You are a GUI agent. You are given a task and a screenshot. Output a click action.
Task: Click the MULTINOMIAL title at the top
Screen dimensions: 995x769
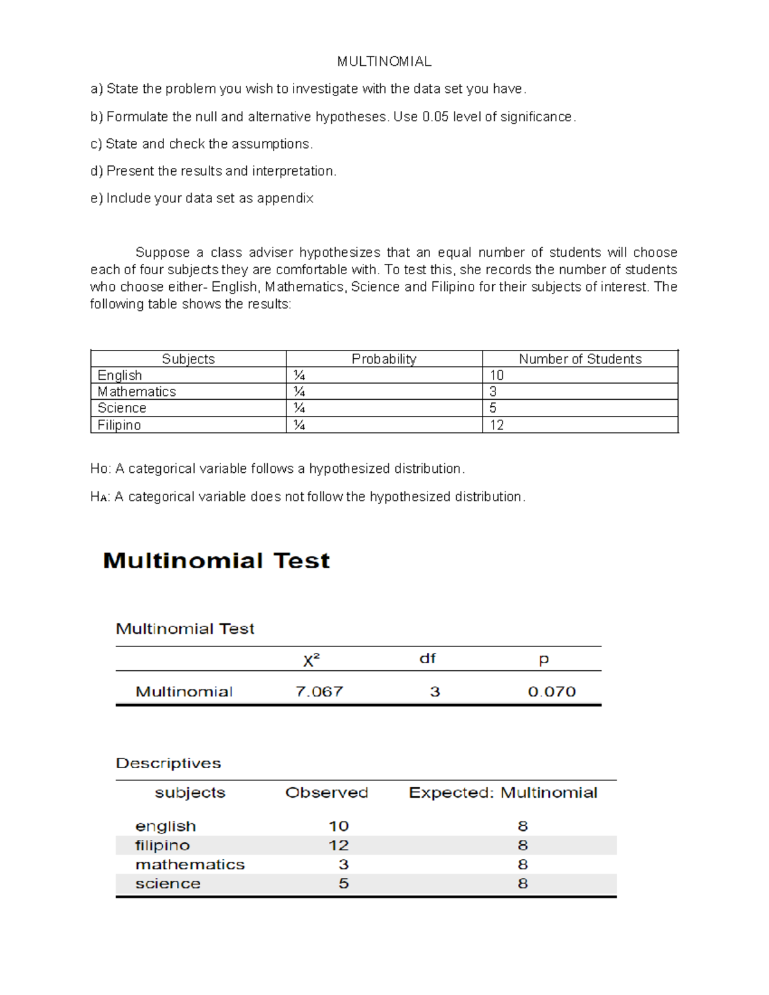pyautogui.click(x=384, y=62)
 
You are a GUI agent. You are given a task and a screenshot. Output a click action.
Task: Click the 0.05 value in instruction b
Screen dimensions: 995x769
pyautogui.click(x=435, y=117)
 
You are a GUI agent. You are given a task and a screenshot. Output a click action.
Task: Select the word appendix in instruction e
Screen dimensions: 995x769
pyautogui.click(x=285, y=199)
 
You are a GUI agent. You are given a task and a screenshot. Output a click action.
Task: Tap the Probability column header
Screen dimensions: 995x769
pyautogui.click(x=383, y=359)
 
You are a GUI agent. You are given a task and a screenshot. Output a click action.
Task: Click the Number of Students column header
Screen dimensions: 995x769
pyautogui.click(x=579, y=359)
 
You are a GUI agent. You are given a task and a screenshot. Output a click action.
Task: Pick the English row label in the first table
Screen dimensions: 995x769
pyautogui.click(x=120, y=375)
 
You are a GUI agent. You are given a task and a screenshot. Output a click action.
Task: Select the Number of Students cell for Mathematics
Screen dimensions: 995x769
pyautogui.click(x=493, y=391)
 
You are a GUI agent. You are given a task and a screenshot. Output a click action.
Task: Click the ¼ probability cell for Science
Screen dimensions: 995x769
pyautogui.click(x=299, y=408)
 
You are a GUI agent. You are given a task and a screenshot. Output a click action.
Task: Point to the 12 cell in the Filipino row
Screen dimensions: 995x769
pyautogui.click(x=497, y=425)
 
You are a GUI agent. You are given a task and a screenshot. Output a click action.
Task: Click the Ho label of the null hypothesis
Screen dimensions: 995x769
pyautogui.click(x=99, y=469)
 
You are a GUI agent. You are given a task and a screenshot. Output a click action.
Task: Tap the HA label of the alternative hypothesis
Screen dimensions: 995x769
pyautogui.click(x=99, y=497)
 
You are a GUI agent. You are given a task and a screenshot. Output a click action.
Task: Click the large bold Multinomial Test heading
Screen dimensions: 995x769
pyautogui.click(x=216, y=561)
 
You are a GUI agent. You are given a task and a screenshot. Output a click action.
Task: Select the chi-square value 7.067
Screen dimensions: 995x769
pyautogui.click(x=319, y=692)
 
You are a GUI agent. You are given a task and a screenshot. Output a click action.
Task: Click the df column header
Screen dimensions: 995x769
pyautogui.click(x=427, y=659)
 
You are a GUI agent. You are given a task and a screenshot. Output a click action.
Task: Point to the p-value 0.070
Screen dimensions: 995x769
pyautogui.click(x=551, y=692)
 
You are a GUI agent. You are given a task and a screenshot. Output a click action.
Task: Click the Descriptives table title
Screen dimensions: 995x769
pyautogui.click(x=168, y=763)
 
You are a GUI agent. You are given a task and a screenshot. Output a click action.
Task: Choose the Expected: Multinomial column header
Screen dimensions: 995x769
pyautogui.click(x=502, y=793)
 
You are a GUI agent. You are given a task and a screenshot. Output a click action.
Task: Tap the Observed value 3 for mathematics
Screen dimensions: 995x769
pyautogui.click(x=343, y=865)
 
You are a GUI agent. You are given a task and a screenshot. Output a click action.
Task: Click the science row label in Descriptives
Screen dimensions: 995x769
pyautogui.click(x=168, y=884)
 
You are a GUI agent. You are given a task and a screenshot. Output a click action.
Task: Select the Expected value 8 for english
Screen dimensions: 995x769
pyautogui.click(x=522, y=826)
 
